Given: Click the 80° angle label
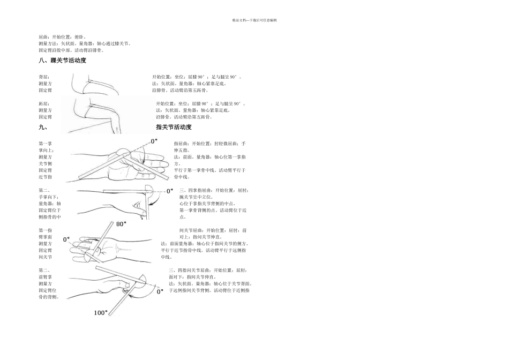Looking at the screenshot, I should click(x=121, y=224).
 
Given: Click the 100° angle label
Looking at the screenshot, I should click(x=101, y=312).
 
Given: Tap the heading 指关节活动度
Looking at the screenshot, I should click(x=174, y=127).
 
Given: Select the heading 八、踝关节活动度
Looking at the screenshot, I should click(x=62, y=61).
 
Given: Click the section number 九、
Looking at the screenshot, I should click(x=43, y=127).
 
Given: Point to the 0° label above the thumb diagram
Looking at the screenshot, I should click(x=154, y=141).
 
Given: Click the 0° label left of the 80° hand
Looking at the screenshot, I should click(x=68, y=239).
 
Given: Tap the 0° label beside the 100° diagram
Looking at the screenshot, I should click(x=160, y=292).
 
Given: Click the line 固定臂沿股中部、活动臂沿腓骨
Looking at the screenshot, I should click(x=71, y=50).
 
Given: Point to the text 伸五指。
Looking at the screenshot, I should click(x=182, y=151).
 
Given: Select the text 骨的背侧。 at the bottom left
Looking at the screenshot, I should click(x=49, y=297).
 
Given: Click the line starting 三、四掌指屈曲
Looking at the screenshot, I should click(x=214, y=190).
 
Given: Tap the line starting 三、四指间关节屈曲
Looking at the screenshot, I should click(x=208, y=271).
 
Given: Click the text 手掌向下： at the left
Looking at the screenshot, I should click(x=48, y=197).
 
